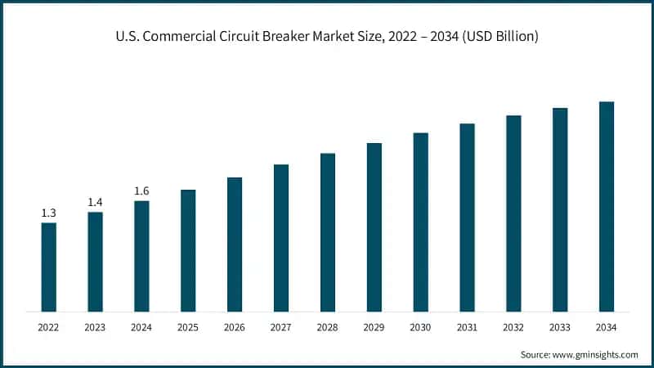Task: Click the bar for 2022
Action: (x=49, y=267)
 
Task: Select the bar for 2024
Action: (x=141, y=256)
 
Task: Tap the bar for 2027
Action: (x=281, y=238)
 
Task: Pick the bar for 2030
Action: (x=420, y=222)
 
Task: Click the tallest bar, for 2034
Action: (x=607, y=206)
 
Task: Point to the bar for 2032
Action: (x=513, y=213)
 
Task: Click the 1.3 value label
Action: (x=49, y=213)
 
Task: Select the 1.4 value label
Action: (x=96, y=202)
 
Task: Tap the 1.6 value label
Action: (x=141, y=191)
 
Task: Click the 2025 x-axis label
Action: (x=188, y=327)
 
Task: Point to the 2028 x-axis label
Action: (x=328, y=327)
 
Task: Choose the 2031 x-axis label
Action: (x=467, y=327)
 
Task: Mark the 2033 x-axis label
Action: (x=560, y=327)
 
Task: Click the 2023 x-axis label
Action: (x=96, y=327)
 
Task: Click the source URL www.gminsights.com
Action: (x=596, y=354)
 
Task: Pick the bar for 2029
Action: (x=374, y=227)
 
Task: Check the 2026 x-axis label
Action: (x=235, y=327)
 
